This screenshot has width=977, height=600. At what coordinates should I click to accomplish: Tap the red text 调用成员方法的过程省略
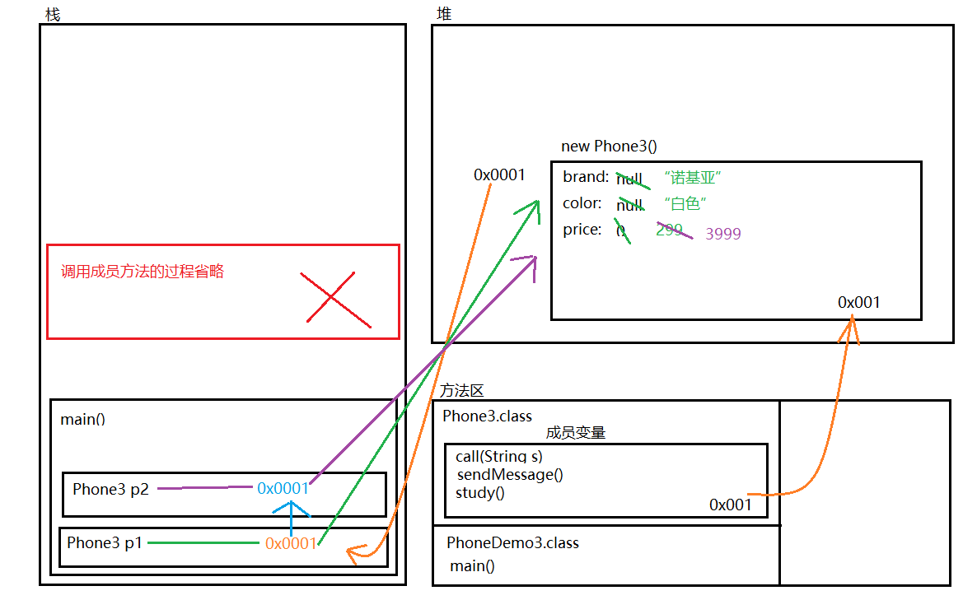pos(143,272)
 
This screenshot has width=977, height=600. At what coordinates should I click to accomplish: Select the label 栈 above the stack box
pos(53,15)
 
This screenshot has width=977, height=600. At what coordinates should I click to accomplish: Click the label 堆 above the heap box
pos(444,13)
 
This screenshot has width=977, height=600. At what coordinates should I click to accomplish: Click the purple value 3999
pos(723,234)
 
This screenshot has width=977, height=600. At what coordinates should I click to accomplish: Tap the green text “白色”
pos(686,203)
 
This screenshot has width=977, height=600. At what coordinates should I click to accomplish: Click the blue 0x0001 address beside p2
pos(283,488)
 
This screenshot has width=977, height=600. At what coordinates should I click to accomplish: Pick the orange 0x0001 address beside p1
pos(291,542)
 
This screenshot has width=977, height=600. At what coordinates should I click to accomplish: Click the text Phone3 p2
pos(110,489)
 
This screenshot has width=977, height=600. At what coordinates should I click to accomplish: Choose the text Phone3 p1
pos(105,542)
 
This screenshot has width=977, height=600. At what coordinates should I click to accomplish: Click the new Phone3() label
pos(609,147)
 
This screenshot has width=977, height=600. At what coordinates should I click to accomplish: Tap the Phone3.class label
pos(487,416)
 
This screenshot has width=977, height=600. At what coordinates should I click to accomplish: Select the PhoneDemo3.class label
pos(512,542)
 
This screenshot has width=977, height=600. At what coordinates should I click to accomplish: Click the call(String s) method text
pos(498,456)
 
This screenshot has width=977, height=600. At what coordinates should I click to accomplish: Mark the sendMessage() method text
pos(509,474)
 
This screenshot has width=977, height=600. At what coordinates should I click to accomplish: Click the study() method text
pos(479,493)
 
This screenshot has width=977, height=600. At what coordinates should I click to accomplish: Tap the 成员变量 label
pos(575,433)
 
